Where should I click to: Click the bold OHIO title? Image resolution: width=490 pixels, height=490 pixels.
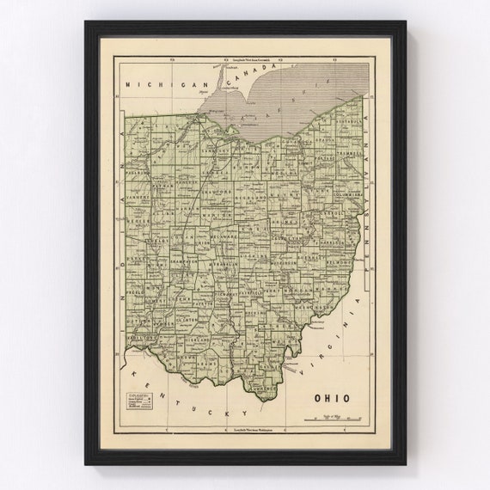coord(333,399)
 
